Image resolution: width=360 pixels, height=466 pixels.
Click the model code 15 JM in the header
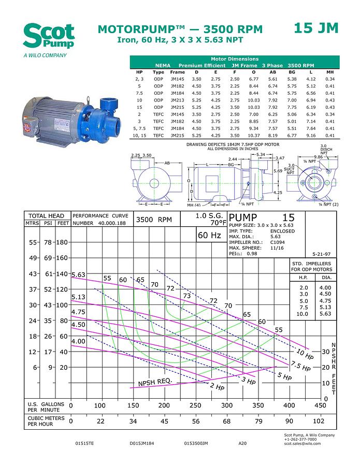pyautogui.click(x=316, y=28)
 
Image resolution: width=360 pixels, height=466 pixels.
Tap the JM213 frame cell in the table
pyautogui.click(x=177, y=100)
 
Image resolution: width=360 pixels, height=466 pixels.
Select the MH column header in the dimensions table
pyautogui.click(x=330, y=72)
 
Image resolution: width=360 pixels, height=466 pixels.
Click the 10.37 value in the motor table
pyautogui.click(x=253, y=135)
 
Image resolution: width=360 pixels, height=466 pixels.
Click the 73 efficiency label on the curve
pyautogui.click(x=187, y=295)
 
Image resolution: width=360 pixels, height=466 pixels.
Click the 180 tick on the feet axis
pyautogui.click(x=63, y=242)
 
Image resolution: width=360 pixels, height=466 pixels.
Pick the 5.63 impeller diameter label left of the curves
pyautogui.click(x=78, y=274)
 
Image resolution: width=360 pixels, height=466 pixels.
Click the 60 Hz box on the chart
pyautogui.click(x=209, y=236)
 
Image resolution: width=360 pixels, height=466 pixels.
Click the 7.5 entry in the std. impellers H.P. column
pyautogui.click(x=304, y=307)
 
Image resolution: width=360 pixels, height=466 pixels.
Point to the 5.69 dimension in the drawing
pyautogui.click(x=278, y=170)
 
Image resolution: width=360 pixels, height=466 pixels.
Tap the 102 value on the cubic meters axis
pyautogui.click(x=320, y=421)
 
